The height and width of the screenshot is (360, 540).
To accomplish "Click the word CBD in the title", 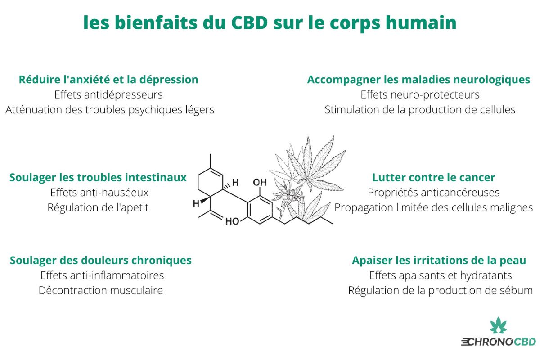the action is coord(249,22).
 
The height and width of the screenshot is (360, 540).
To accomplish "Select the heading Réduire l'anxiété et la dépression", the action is coord(108,80).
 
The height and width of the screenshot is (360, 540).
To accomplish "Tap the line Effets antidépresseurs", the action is coord(108,94).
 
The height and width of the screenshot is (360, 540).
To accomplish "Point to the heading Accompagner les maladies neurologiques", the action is coord(418,80).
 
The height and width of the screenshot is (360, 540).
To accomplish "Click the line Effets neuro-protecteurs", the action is coord(420,95).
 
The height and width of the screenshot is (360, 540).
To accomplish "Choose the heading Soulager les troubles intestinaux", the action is coord(98,178).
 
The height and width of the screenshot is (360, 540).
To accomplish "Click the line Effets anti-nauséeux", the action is coord(99,193).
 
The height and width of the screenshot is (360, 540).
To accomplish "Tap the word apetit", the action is coord(135,208).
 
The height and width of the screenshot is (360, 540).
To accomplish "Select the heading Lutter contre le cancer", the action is coord(433,177).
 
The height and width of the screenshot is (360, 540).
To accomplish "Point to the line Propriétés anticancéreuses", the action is coord(433,193).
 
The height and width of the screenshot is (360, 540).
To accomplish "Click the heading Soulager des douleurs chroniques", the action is coord(100,261).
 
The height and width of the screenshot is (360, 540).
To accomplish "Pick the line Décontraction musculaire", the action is coord(101,290).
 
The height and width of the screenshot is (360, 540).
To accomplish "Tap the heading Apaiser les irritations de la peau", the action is coord(439,261).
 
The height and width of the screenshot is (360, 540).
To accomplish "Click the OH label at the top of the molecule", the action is coord(260,183).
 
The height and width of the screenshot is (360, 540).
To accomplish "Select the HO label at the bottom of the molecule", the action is coord(232,221).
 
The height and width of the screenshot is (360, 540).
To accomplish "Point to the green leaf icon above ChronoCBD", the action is coord(498,325).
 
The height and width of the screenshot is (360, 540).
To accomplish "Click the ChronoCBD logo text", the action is coord(498,342).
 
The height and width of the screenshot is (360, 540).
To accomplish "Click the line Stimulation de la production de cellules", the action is coord(420,110).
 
